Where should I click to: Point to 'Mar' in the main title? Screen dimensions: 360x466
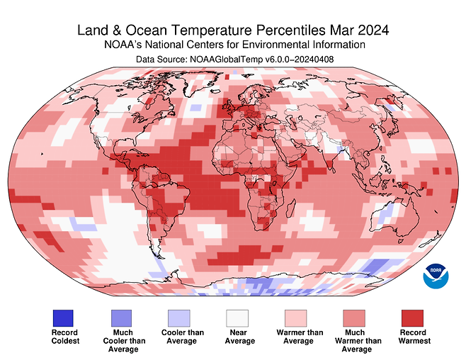(x=336, y=31)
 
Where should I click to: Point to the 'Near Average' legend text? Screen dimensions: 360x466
(x=239, y=337)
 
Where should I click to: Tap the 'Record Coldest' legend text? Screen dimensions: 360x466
(x=65, y=337)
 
